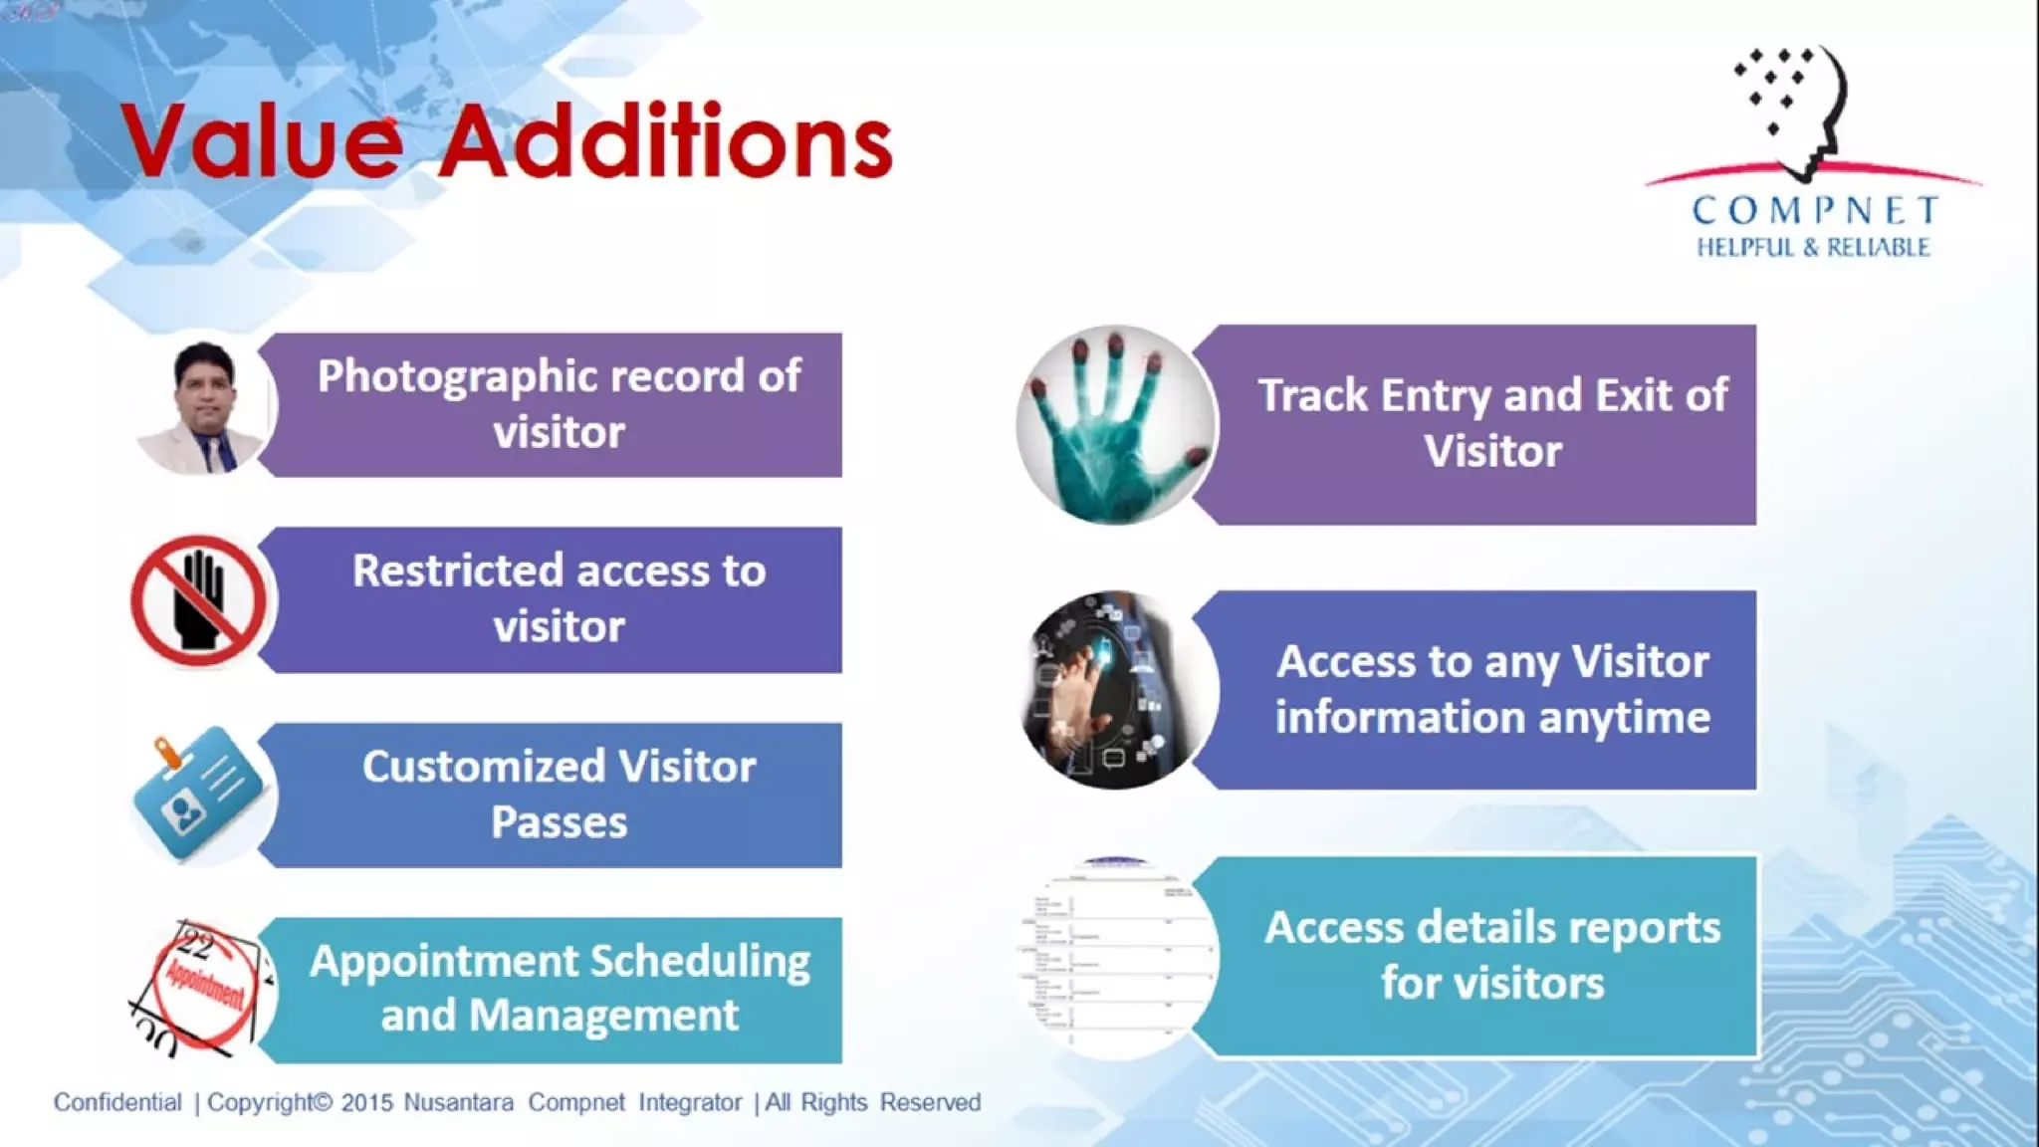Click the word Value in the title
(261, 141)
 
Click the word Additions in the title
(665, 141)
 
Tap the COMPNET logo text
(1814, 210)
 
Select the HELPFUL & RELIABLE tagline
(1813, 247)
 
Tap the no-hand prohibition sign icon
(199, 600)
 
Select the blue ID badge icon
(199, 795)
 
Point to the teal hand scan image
(1115, 426)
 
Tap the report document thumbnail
(1115, 956)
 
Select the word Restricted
(457, 571)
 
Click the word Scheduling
(700, 962)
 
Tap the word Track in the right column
(1312, 395)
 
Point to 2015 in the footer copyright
(366, 1103)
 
